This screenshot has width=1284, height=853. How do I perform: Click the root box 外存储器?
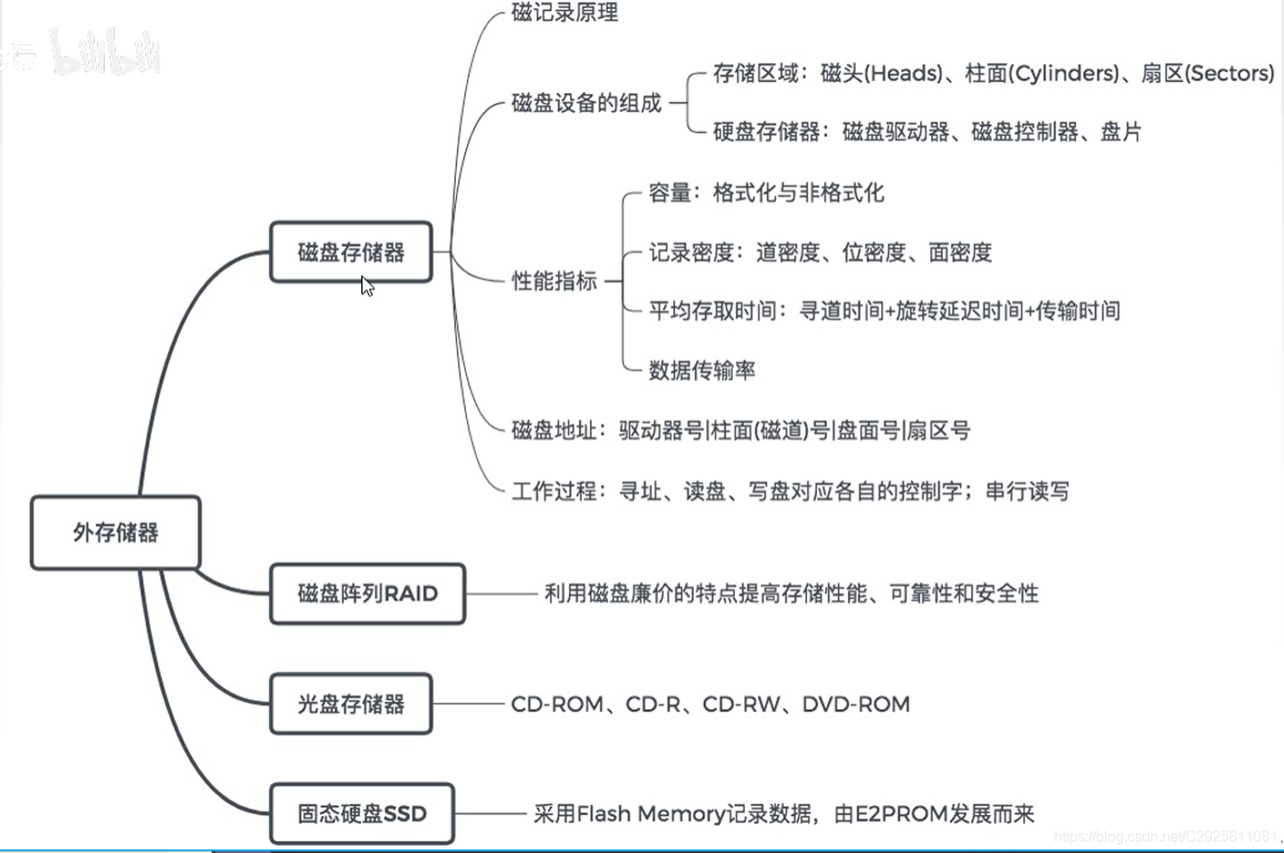click(x=116, y=533)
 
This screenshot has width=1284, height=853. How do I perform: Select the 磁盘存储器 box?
click(x=351, y=252)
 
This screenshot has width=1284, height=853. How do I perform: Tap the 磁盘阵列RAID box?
click(x=367, y=594)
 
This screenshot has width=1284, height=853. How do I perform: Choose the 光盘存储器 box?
click(x=351, y=704)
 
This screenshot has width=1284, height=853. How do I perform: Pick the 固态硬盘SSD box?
click(x=362, y=814)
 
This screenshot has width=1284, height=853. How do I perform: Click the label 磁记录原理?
click(x=565, y=14)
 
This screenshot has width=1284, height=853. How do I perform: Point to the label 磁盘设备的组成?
click(x=586, y=103)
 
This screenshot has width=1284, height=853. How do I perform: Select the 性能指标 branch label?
click(x=555, y=281)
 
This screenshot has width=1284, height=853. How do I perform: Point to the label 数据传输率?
click(x=702, y=371)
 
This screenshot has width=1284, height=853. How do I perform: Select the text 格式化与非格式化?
click(x=799, y=193)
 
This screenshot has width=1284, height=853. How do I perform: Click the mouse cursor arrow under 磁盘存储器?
click(x=366, y=286)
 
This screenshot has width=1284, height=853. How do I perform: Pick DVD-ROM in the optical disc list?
click(x=856, y=705)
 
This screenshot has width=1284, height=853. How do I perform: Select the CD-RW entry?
click(x=740, y=705)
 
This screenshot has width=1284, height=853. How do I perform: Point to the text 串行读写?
click(x=1027, y=492)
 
